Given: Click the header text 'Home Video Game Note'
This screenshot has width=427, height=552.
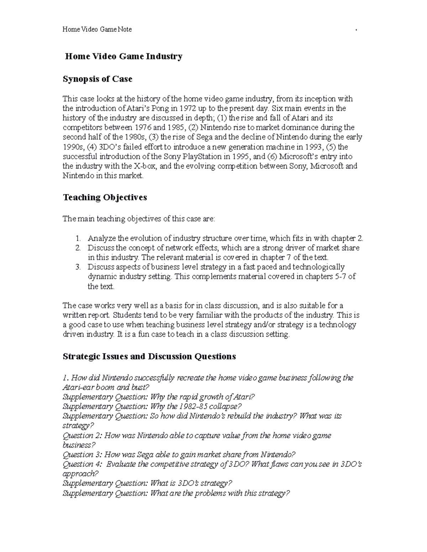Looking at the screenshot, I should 97,30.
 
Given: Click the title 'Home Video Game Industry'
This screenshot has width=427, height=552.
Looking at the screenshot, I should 123,56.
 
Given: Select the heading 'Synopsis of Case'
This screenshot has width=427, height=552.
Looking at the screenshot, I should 97,79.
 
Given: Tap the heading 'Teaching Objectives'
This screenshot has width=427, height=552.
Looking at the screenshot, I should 105,197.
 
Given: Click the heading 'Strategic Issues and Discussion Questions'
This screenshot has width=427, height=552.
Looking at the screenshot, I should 149,356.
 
